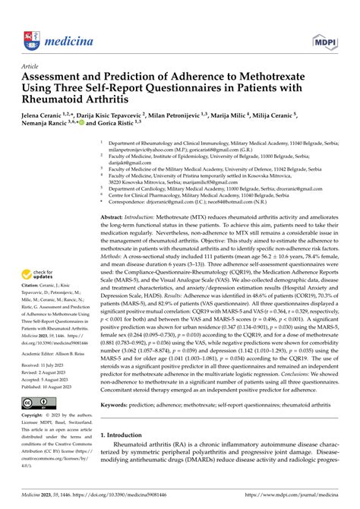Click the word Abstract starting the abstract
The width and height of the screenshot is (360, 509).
point(115,196)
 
